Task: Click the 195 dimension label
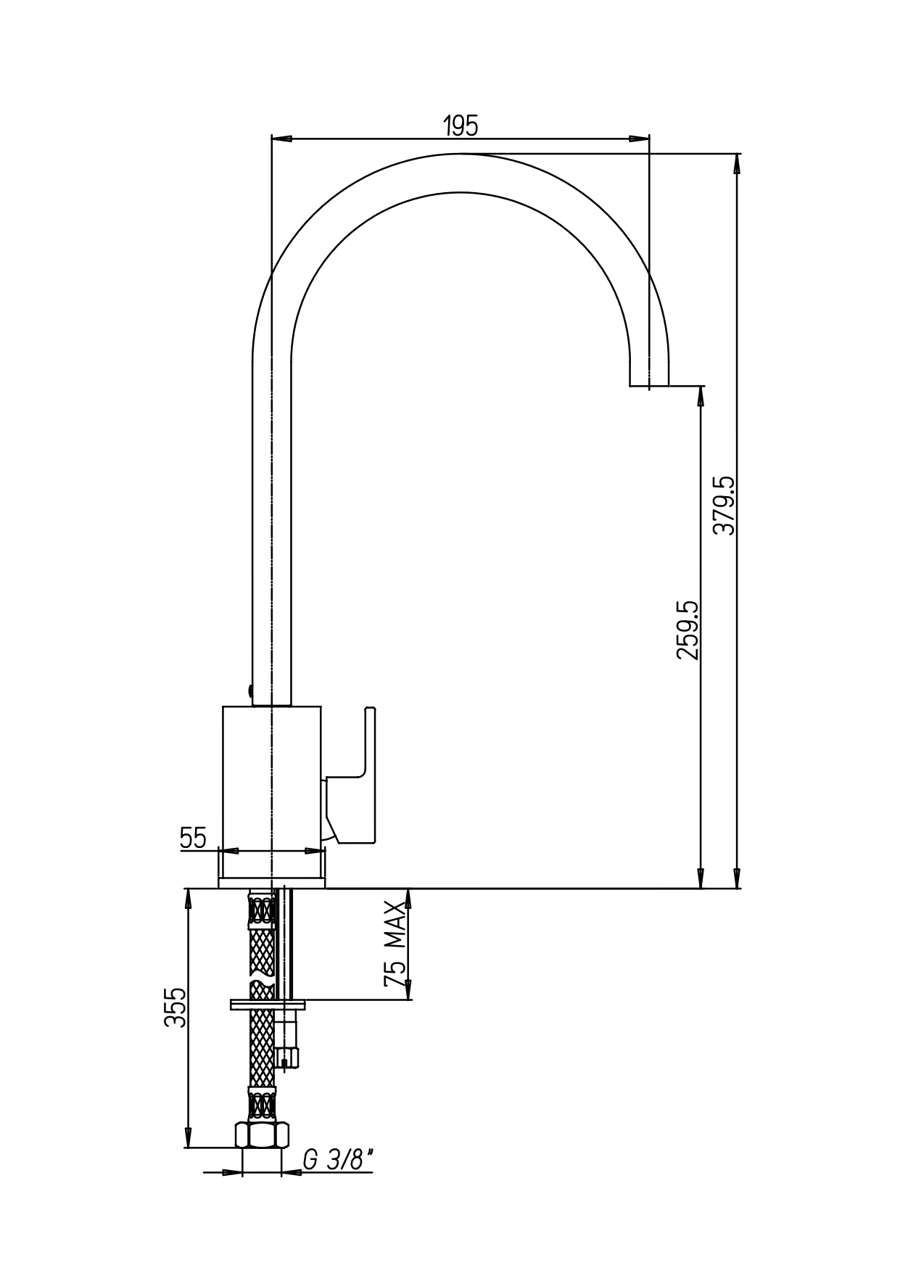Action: pos(461,126)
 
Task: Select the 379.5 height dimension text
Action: pos(724,506)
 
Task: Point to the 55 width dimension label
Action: pos(193,839)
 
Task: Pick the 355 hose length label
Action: pos(175,1008)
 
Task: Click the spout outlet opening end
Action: pos(649,385)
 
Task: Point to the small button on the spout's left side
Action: pos(249,693)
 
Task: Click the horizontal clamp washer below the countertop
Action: pos(268,1005)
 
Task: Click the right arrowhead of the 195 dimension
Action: pos(639,138)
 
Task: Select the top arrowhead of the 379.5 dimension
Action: pos(738,164)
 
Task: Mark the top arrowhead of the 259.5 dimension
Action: pos(701,395)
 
